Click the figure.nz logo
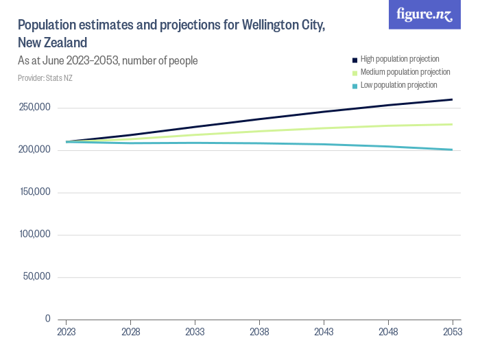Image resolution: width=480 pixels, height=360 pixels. (424, 14)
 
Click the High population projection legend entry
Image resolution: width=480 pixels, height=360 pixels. (399, 59)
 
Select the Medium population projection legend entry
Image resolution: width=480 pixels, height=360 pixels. (405, 72)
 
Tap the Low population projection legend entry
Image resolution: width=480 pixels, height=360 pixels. (398, 85)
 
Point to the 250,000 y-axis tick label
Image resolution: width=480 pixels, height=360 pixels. (34, 108)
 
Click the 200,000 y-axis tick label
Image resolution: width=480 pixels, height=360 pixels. (34, 149)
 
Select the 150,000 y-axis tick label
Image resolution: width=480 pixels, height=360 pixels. (34, 192)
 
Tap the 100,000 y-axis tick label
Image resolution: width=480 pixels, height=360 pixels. (34, 235)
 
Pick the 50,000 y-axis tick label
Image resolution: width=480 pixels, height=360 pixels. (36, 276)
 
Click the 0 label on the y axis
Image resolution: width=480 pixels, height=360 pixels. (47, 319)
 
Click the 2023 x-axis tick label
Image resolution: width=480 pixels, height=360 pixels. (67, 332)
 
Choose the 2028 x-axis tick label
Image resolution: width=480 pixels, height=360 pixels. (131, 332)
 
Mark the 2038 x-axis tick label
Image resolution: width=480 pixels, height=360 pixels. (259, 332)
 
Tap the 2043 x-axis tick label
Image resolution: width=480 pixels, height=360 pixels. (324, 332)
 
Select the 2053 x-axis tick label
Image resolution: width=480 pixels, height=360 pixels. (453, 332)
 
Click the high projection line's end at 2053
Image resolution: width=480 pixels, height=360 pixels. (452, 99)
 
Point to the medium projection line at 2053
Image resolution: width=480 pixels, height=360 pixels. (452, 124)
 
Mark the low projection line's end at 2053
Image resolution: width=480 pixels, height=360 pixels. (452, 149)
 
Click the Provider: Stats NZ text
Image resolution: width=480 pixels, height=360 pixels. (45, 78)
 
